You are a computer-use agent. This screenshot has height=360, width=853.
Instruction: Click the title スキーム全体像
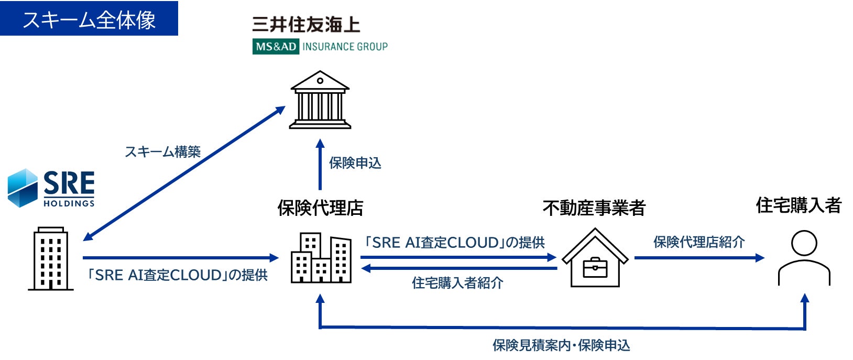89,20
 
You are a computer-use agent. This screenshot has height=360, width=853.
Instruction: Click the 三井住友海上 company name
306,25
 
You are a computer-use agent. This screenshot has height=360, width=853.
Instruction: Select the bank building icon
320,100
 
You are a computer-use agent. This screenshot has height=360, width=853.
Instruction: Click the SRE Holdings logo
51,188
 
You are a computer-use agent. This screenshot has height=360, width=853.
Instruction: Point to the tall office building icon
51,259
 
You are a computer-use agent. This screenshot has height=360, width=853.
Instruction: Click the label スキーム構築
162,152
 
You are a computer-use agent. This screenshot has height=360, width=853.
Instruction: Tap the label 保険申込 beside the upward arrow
355,163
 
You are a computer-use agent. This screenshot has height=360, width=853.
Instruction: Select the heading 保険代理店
320,208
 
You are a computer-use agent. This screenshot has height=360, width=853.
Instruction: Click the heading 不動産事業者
594,208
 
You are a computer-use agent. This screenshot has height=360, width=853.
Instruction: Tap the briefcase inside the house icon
595,267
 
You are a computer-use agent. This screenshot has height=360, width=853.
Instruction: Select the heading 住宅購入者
798,205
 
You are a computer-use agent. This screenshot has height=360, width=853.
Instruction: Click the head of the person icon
804,243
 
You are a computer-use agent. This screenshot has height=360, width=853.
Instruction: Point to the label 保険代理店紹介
698,242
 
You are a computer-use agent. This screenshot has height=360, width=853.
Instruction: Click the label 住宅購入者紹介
457,283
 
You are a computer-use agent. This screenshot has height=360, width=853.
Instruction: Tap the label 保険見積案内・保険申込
561,345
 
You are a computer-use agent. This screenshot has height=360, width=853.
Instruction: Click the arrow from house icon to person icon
699,258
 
